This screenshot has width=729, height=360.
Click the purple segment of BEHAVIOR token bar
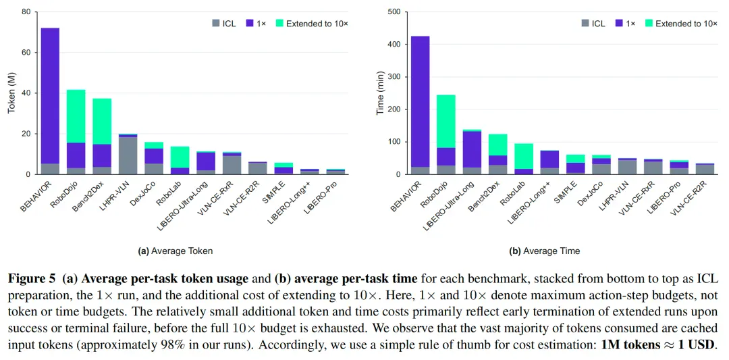[50, 96]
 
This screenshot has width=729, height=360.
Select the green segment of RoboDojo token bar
[76, 116]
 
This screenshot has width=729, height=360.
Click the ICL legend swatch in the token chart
[215, 22]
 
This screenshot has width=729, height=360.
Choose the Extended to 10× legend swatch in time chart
[647, 22]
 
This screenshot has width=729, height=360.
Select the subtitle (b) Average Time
[545, 251]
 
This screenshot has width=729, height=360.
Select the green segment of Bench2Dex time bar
[497, 145]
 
